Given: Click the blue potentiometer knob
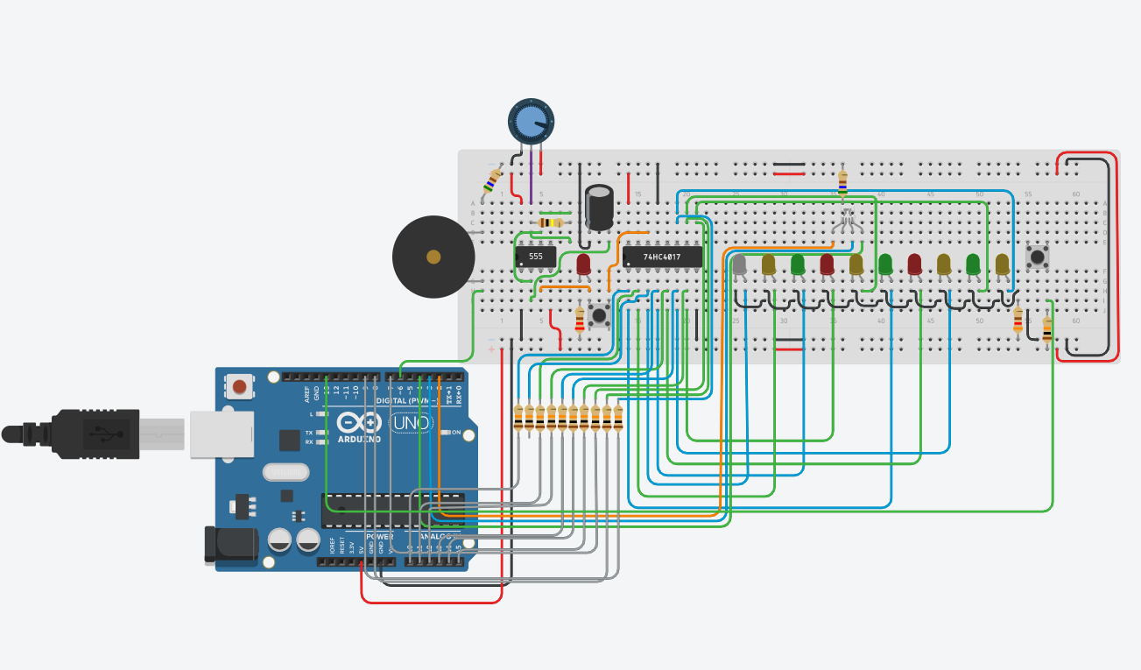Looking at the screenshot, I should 532,121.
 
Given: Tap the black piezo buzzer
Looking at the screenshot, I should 433,257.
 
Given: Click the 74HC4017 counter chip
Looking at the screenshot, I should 661,257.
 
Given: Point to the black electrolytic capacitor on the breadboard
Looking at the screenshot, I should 600,208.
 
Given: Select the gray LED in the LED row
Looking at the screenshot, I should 740,264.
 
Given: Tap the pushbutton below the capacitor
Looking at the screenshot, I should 600,314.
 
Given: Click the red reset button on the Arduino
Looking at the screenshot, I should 239,385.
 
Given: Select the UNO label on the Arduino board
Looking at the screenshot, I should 411,423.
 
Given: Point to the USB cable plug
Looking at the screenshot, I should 96,433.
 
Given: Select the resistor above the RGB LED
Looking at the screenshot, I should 843,181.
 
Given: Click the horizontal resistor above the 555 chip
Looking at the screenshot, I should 550,222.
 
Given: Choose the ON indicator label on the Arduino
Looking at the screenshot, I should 456,433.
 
